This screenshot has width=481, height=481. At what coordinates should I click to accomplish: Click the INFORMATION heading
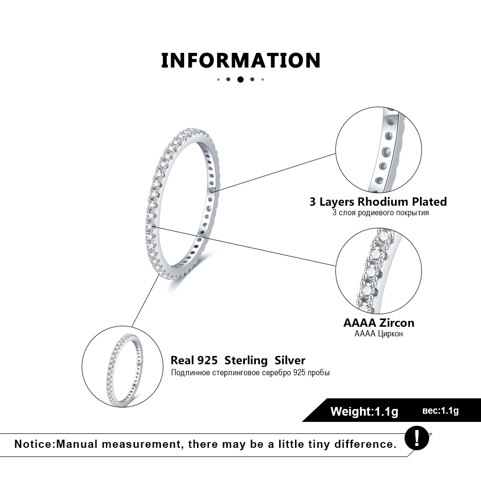tap(240, 61)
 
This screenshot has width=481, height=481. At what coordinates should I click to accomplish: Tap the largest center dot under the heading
tap(240, 79)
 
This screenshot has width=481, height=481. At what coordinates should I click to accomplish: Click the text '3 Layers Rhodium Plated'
tap(378, 201)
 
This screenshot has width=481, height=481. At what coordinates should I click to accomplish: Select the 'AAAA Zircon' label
tap(379, 323)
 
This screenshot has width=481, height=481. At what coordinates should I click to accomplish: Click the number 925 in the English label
tap(207, 360)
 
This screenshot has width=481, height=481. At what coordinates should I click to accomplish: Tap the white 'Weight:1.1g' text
tap(364, 411)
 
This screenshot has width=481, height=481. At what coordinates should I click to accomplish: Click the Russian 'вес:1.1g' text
tap(441, 410)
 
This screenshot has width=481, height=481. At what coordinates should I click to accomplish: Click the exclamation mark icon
tap(416, 438)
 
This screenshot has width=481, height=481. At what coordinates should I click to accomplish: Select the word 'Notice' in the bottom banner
tap(34, 444)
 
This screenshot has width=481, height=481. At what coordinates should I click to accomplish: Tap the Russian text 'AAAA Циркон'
tap(379, 334)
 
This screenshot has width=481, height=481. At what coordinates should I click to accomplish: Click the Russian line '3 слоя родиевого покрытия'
tap(380, 212)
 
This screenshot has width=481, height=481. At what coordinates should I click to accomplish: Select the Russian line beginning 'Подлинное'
tap(250, 373)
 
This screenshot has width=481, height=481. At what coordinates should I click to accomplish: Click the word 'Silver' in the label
tap(290, 360)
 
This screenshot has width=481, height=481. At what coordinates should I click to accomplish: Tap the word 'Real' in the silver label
tap(182, 360)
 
